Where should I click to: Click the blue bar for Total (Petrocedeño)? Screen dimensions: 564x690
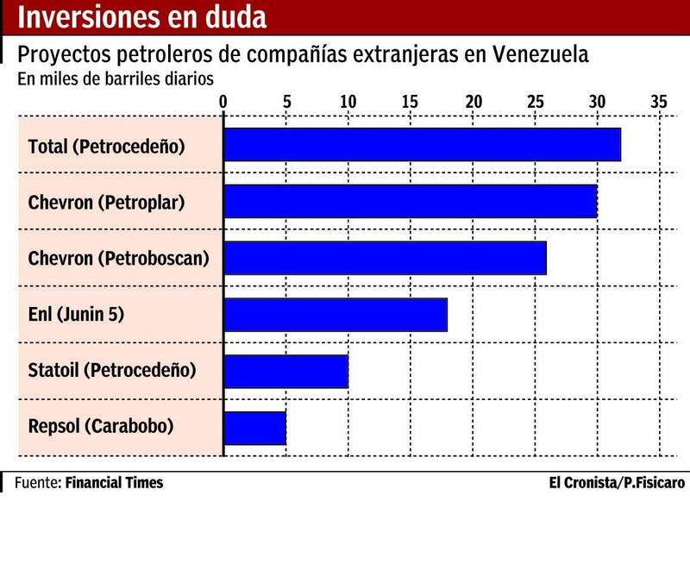(x=422, y=145)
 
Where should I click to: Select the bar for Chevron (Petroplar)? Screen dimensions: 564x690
(x=410, y=201)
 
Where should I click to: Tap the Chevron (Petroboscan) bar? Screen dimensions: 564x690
(x=385, y=258)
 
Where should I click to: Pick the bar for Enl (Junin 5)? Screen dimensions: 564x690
(x=336, y=314)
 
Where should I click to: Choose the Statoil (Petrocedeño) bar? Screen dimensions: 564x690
(x=285, y=371)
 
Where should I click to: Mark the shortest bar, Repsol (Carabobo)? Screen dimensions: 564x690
(x=254, y=428)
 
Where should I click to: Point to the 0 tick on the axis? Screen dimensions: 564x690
(x=223, y=102)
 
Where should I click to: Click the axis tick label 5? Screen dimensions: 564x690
(x=285, y=102)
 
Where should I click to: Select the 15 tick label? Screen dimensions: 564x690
(x=410, y=102)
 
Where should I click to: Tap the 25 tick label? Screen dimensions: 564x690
(x=535, y=102)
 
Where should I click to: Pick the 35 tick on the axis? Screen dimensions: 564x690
(x=659, y=102)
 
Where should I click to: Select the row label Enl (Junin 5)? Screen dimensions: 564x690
(x=76, y=314)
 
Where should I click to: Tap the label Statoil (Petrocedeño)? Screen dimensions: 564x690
(x=112, y=371)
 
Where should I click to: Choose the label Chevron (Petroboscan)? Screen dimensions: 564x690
(x=118, y=258)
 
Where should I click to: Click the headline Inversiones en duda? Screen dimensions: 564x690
(x=142, y=17)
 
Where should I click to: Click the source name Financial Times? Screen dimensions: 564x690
(x=114, y=483)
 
